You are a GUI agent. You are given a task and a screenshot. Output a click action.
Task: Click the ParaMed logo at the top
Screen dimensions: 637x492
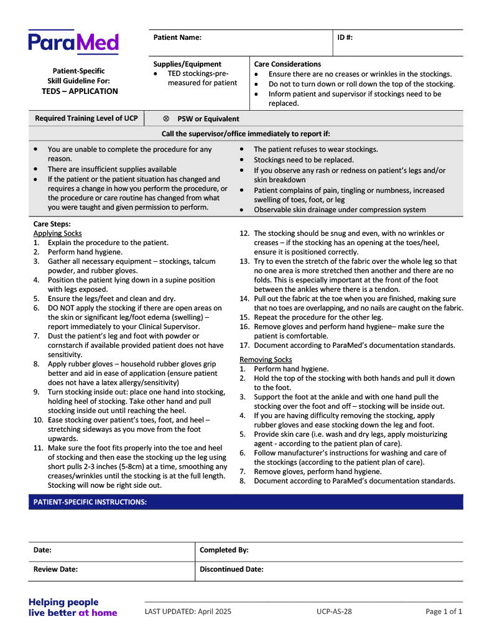pos(73,42)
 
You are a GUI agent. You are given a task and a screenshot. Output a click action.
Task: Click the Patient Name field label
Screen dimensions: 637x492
pos(177,38)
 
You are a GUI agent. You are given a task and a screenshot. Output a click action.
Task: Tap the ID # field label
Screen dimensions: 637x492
pos(345,38)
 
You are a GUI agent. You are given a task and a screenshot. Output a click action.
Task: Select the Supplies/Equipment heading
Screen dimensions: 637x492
pos(187,64)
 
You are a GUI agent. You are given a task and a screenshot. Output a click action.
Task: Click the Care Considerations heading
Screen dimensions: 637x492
pos(287,64)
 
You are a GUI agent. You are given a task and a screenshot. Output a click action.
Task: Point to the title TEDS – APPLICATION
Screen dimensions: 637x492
pos(80,91)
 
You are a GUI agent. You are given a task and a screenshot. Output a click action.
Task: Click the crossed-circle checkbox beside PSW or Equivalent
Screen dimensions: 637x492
pos(166,119)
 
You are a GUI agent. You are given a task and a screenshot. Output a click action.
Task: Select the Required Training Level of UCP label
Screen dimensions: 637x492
pos(86,118)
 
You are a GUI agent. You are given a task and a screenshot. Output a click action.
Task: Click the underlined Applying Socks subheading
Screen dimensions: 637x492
pos(57,233)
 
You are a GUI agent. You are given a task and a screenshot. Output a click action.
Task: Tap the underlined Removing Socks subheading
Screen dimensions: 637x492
pos(266,360)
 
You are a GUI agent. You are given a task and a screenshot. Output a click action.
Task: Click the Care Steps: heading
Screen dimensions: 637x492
pos(52,223)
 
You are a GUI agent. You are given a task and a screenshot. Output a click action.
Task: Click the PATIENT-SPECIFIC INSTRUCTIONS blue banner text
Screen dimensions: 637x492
pos(90,502)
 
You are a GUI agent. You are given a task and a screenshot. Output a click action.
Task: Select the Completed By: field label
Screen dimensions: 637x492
pos(224,551)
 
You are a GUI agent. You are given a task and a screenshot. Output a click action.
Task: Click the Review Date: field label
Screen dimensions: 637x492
pos(55,569)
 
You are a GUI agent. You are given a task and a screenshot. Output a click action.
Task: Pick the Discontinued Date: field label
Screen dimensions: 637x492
pos(231,569)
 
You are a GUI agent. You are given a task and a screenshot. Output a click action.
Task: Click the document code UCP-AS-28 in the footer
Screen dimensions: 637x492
pos(334,611)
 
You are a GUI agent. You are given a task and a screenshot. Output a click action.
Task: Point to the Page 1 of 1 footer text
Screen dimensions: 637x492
pos(443,611)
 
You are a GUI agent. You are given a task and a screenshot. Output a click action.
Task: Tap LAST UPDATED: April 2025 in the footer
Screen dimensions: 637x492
pos(188,611)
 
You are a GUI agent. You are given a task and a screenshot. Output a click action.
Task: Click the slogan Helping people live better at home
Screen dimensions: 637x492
pos(72,607)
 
